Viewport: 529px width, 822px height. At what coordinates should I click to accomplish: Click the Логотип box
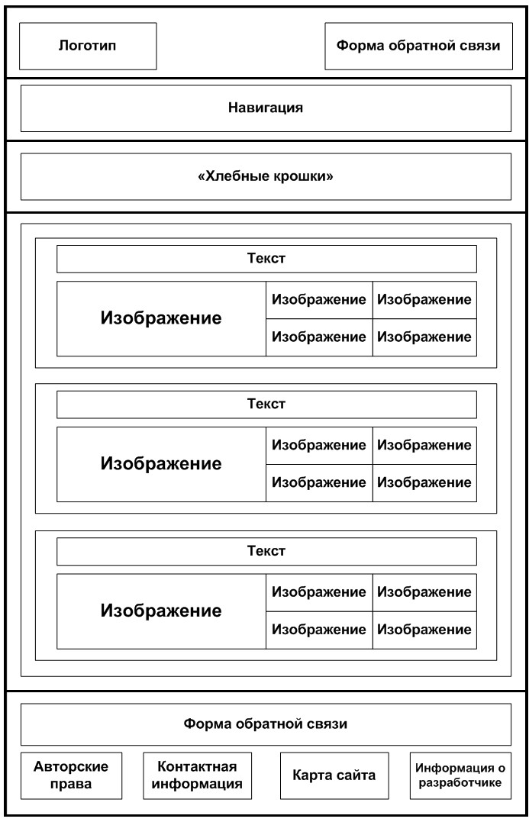click(x=88, y=46)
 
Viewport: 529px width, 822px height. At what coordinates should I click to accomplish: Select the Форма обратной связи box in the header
click(x=418, y=46)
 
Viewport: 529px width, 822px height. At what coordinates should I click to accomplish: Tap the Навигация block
click(x=266, y=108)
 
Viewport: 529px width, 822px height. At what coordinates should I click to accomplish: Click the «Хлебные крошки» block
click(x=266, y=176)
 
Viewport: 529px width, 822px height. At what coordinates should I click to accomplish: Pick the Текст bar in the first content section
click(x=266, y=259)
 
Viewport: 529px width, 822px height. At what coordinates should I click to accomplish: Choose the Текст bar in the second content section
click(x=266, y=405)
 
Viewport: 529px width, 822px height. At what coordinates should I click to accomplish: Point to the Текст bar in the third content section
click(x=266, y=552)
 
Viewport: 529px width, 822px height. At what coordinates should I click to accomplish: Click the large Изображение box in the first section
click(x=162, y=319)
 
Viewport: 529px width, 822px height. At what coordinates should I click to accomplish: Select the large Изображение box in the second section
click(x=162, y=465)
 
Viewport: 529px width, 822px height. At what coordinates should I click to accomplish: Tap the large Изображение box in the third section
click(x=162, y=611)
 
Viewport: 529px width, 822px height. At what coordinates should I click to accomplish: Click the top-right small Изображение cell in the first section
click(x=424, y=300)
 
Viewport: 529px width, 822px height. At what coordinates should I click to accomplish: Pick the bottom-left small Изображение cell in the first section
click(x=319, y=337)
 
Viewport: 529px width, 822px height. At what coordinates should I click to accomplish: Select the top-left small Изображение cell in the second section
click(x=319, y=446)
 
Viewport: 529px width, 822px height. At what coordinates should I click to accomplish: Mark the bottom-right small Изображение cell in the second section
click(x=424, y=483)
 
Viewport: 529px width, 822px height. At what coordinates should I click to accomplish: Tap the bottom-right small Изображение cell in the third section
click(x=424, y=630)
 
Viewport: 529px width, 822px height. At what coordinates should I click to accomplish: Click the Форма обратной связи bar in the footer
click(x=266, y=724)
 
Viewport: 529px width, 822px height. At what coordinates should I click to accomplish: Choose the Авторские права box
click(x=71, y=776)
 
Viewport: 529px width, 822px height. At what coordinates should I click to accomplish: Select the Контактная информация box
click(x=197, y=776)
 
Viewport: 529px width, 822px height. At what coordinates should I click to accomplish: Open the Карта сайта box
click(x=334, y=776)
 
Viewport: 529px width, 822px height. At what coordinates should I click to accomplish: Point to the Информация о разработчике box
click(x=460, y=776)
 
